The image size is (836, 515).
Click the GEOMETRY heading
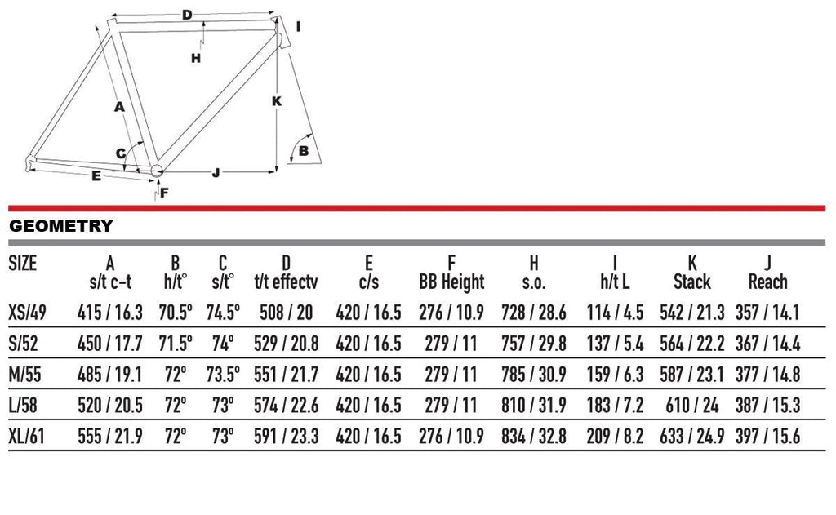[x=60, y=226]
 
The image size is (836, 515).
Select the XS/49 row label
[x=27, y=313]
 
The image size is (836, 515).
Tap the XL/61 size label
[x=26, y=437]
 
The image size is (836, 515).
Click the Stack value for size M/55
[x=692, y=375]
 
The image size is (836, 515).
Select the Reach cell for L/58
[x=767, y=406]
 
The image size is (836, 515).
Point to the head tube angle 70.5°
[x=176, y=313]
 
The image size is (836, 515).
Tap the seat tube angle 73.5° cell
[x=223, y=375]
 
